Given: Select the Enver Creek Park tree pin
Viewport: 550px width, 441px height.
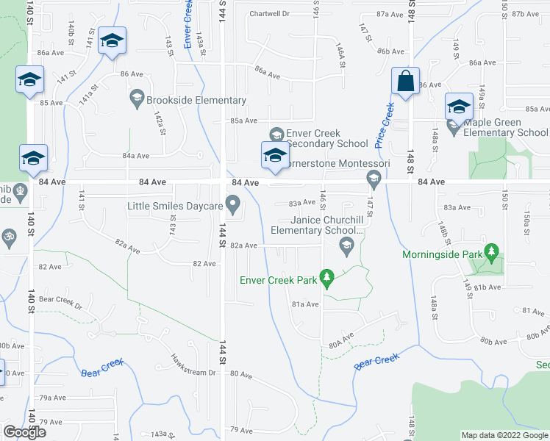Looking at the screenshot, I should tap(329, 279).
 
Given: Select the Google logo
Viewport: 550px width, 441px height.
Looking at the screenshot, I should tap(24, 432).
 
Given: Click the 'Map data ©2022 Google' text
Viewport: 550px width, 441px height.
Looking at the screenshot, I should tap(504, 435).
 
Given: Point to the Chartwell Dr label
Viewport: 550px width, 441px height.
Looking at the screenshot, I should tap(269, 13).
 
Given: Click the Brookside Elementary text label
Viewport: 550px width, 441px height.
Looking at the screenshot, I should tap(196, 100).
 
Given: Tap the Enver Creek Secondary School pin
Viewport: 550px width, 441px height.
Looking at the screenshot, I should tap(276, 134).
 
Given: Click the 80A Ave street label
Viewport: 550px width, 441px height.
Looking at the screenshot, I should tap(341, 342).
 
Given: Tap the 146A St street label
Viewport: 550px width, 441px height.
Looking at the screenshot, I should tap(340, 55).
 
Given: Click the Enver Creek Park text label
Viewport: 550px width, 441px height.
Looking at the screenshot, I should tap(279, 279).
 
